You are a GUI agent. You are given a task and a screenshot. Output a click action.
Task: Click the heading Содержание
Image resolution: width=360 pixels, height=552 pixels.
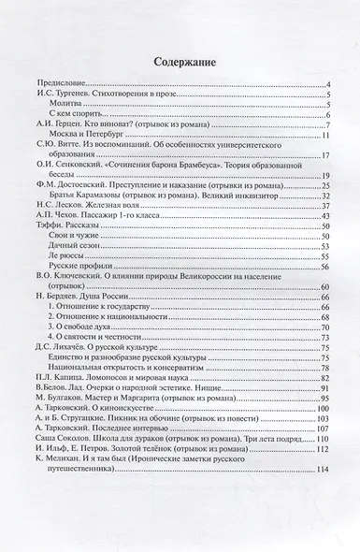coord(180,63)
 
